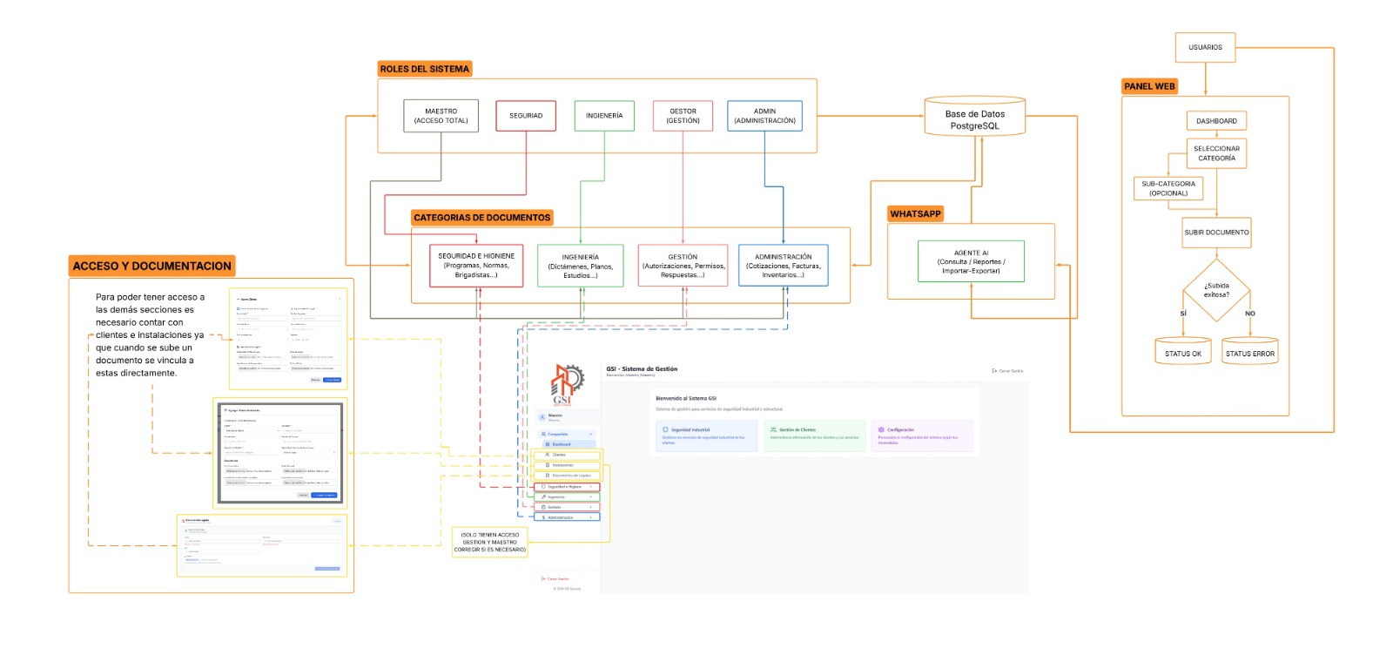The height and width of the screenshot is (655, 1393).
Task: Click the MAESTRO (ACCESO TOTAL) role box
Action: click(441, 116)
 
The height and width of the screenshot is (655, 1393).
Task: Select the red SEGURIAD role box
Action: click(526, 116)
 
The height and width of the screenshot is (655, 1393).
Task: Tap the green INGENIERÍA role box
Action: click(604, 116)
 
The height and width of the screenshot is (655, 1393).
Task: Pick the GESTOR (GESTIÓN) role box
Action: click(683, 116)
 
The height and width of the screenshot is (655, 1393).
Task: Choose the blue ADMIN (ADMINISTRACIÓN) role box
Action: click(764, 116)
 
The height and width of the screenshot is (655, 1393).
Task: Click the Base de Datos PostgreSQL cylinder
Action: click(975, 118)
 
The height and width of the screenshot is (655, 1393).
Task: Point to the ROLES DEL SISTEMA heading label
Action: click(425, 69)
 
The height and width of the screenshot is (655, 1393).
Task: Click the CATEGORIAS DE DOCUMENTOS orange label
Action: click(481, 218)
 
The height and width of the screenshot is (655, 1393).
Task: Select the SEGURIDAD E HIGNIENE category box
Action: click(476, 266)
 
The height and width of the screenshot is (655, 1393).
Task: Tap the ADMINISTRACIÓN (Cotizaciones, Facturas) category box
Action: click(783, 266)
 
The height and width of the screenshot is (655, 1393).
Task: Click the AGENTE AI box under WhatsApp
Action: click(971, 261)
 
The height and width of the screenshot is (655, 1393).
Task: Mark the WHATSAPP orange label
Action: click(915, 213)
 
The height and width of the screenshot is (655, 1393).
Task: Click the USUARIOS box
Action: click(1205, 47)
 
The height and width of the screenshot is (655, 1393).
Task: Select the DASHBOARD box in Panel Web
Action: click(1216, 121)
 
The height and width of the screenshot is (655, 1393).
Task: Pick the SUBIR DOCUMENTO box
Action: click(1216, 233)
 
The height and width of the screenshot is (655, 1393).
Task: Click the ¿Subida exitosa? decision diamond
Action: click(1216, 290)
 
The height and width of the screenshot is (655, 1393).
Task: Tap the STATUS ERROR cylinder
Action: click(1249, 352)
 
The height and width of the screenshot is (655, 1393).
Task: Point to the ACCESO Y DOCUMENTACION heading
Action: click(152, 266)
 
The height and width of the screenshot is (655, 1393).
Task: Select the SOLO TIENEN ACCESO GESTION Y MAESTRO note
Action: click(490, 542)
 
